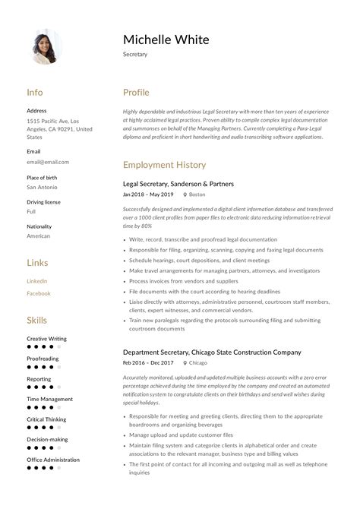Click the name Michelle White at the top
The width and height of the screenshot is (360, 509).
tap(166, 40)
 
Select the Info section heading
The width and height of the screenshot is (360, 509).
tap(35, 93)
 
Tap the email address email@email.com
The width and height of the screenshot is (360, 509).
tap(48, 162)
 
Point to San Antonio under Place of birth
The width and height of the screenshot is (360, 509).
tap(43, 187)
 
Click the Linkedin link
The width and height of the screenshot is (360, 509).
tap(37, 281)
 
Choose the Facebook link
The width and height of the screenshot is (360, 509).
tap(39, 293)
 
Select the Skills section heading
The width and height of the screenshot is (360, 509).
tap(36, 321)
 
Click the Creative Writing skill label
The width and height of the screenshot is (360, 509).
tap(46, 339)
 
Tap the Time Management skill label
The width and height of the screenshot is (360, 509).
tap(50, 399)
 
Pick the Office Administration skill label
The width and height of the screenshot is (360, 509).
tap(53, 460)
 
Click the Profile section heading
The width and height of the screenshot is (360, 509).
tap(136, 93)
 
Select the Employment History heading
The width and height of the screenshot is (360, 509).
tap(164, 164)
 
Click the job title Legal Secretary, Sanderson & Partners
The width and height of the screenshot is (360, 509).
tap(178, 184)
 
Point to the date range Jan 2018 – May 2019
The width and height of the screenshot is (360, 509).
tap(148, 194)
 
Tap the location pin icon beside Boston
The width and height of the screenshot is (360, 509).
tap(185, 195)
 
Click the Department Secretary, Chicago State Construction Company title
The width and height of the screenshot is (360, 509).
tap(212, 353)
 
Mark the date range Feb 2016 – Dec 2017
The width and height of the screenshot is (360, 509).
tap(148, 363)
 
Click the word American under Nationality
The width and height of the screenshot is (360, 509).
tap(39, 236)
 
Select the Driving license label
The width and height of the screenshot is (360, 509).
tap(44, 202)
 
